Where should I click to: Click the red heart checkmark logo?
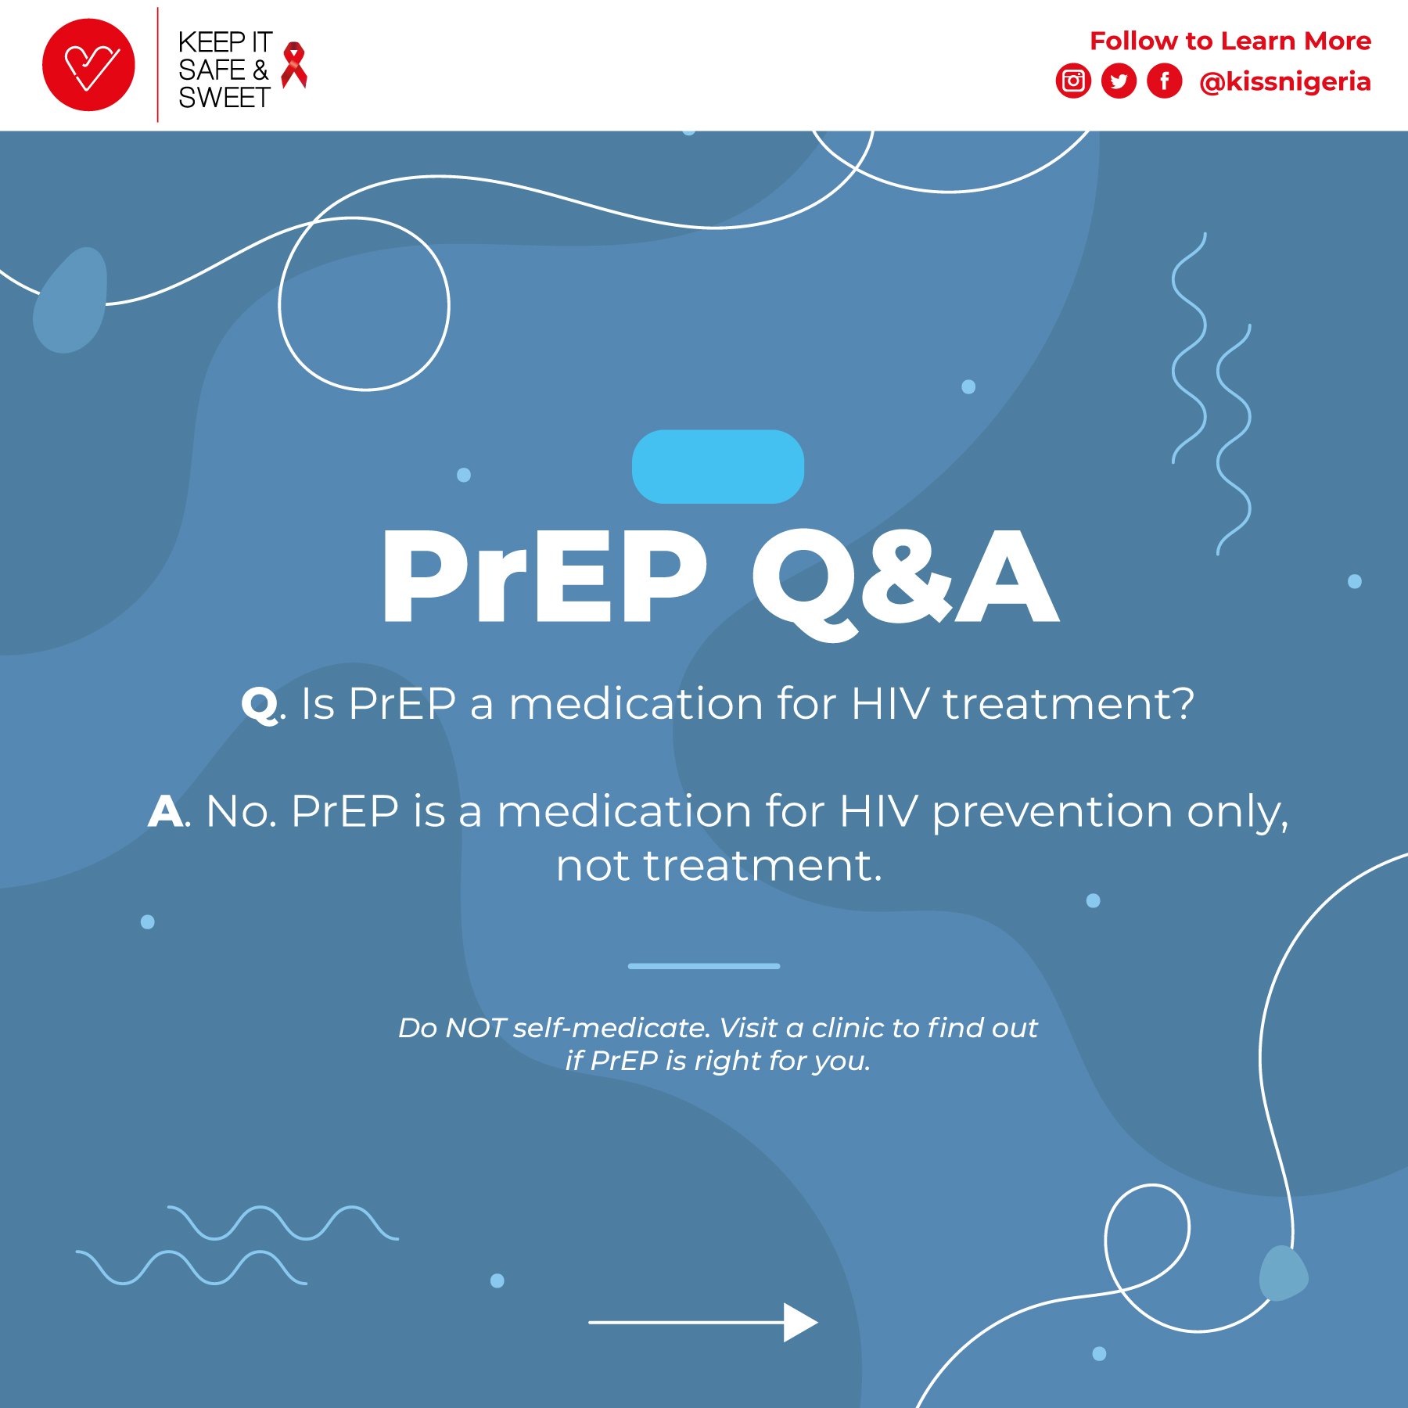tap(88, 65)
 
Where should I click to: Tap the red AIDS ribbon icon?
tap(294, 65)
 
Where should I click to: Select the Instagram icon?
tap(1073, 81)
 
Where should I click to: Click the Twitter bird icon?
tap(1119, 81)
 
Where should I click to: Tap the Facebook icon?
tap(1165, 81)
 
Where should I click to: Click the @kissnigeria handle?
tap(1285, 82)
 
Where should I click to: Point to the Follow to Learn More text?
tap(1230, 41)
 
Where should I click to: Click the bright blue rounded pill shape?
tap(718, 466)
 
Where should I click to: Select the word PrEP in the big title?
tap(544, 576)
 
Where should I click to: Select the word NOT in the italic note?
tap(476, 1028)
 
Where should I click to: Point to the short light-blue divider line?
tap(704, 966)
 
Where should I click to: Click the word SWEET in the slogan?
tap(224, 98)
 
